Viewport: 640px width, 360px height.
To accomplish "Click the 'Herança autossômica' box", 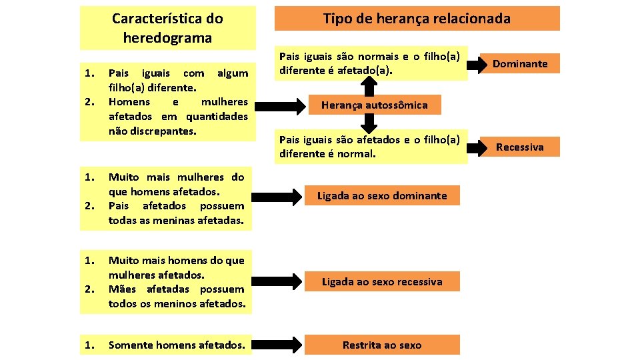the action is click(x=374, y=105).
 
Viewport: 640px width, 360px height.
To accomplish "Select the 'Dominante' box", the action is click(x=519, y=64).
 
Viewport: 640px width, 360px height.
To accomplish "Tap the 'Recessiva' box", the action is click(x=519, y=147).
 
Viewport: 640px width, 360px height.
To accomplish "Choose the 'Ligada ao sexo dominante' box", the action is click(x=381, y=196).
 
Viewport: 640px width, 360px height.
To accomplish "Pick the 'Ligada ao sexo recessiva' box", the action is click(x=381, y=281).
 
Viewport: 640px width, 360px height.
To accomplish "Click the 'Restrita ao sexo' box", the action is click(x=381, y=345).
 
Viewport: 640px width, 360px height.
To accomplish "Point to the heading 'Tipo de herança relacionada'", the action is click(x=417, y=19).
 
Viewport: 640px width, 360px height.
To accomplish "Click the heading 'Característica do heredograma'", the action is click(x=167, y=28).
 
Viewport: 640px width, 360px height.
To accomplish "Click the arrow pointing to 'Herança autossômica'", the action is click(x=274, y=105).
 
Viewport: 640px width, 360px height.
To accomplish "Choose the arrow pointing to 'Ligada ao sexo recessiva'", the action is click(x=274, y=281).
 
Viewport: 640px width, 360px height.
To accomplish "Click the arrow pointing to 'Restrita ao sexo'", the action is click(x=274, y=345).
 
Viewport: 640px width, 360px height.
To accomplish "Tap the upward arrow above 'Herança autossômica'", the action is click(x=366, y=84).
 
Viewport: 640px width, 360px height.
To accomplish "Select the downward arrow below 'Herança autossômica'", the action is click(x=366, y=123).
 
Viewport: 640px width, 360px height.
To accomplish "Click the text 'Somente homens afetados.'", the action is click(x=176, y=345).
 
